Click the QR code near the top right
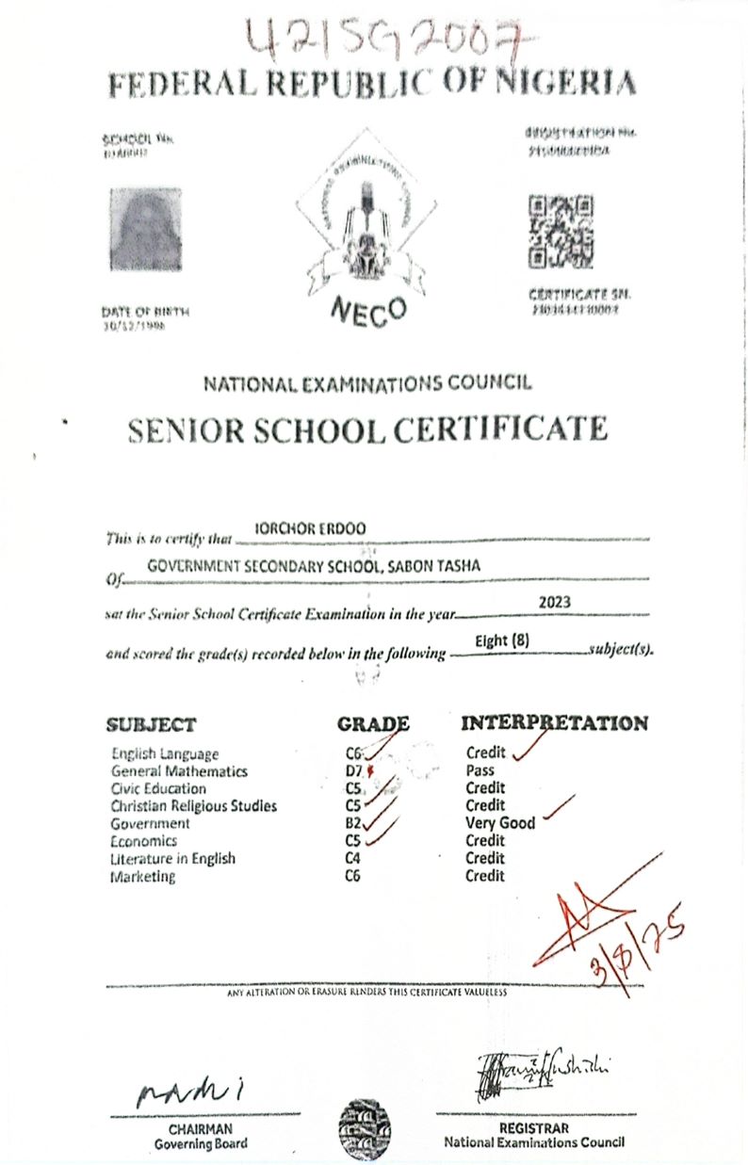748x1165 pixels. (561, 231)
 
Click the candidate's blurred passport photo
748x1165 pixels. (145, 230)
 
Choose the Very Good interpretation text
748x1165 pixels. (500, 823)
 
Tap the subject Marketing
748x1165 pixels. (143, 877)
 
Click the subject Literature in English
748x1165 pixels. (172, 859)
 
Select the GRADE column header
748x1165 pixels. (373, 724)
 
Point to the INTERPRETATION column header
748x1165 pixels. (554, 723)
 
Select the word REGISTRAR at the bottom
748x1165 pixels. (534, 1128)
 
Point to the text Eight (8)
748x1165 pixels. (503, 641)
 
